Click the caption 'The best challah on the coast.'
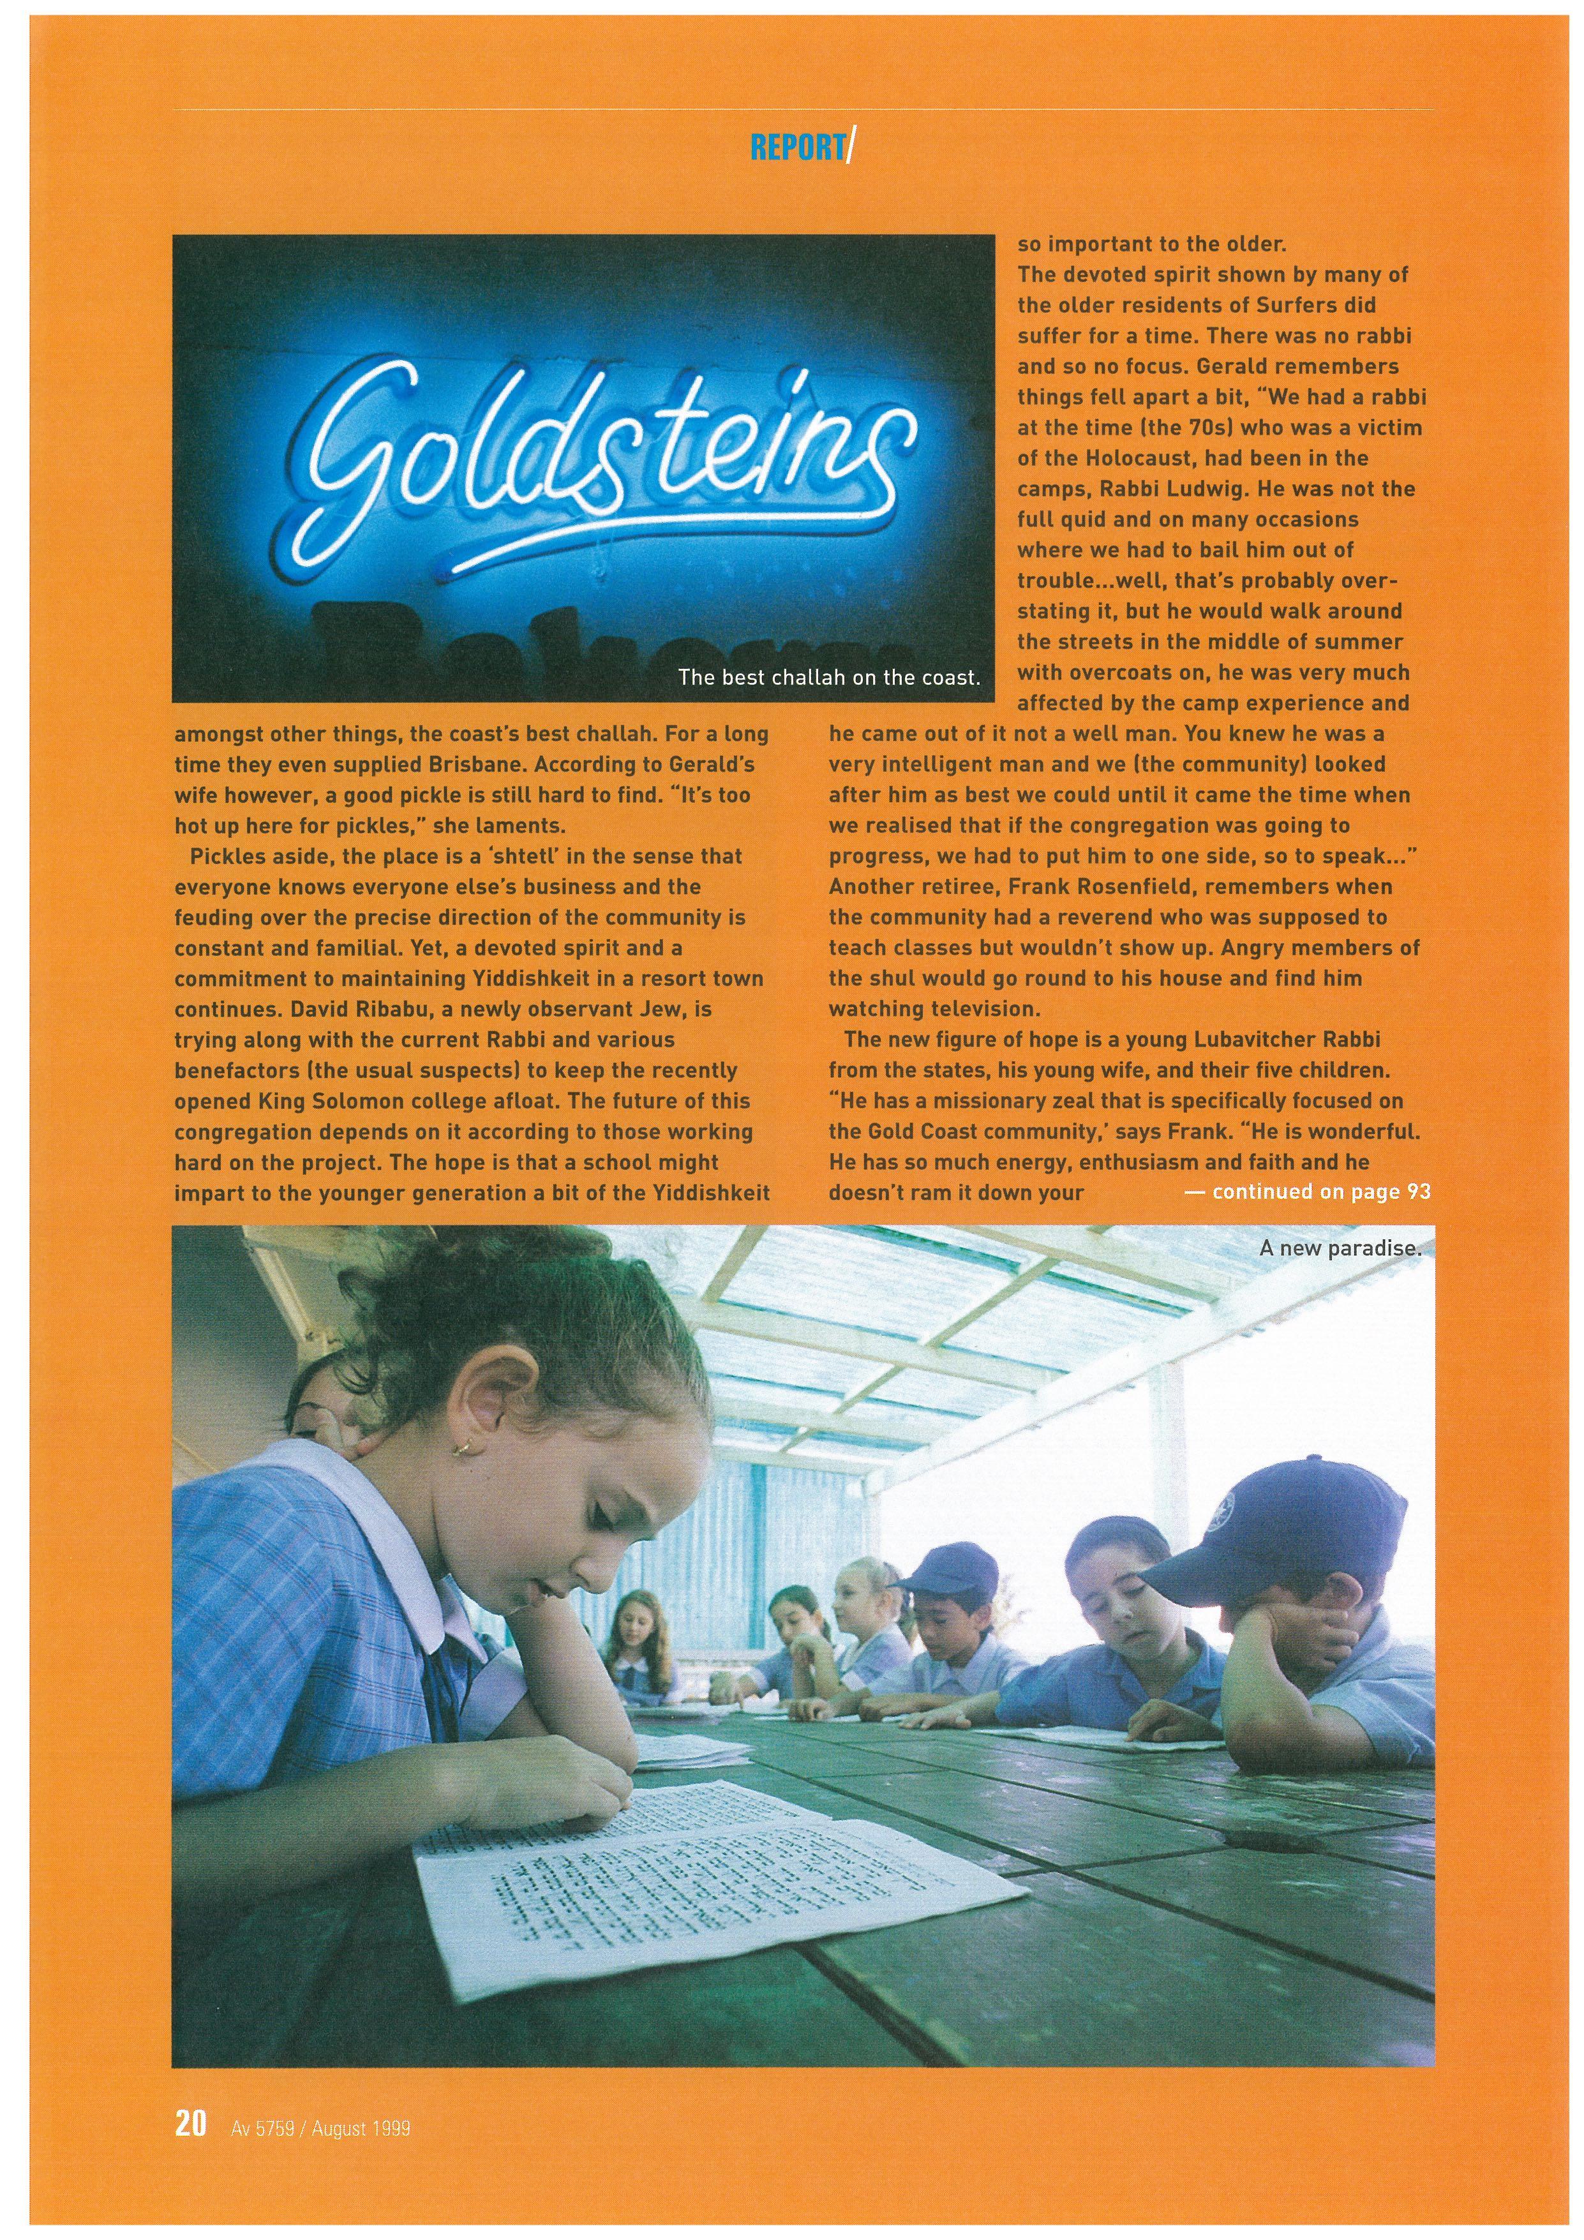click(x=828, y=677)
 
